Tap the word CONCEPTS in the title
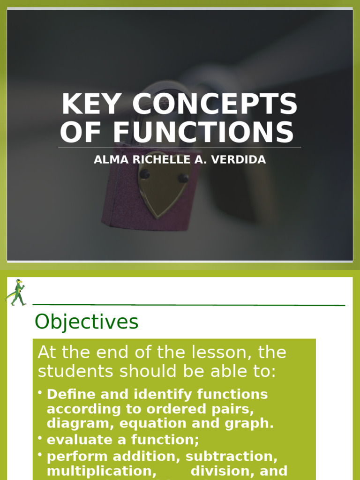(215, 104)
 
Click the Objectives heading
(87, 322)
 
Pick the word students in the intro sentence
(75, 371)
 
